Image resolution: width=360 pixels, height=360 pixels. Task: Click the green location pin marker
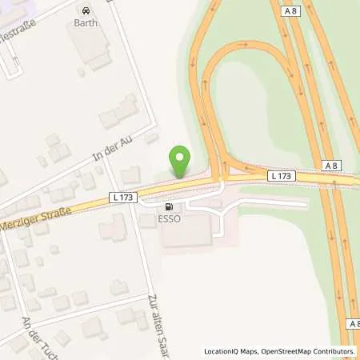coord(182,162)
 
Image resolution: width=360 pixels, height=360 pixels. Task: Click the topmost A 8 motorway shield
coord(291,11)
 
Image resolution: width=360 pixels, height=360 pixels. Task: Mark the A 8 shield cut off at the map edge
coord(355,323)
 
